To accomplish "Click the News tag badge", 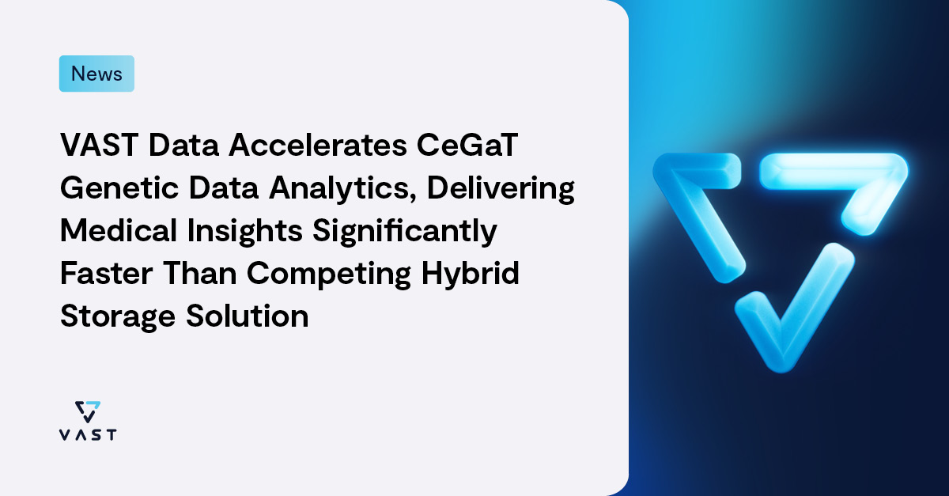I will pyautogui.click(x=96, y=74).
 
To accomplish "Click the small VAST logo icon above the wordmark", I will pyautogui.click(x=88, y=411).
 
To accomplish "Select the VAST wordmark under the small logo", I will pyautogui.click(x=88, y=434).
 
